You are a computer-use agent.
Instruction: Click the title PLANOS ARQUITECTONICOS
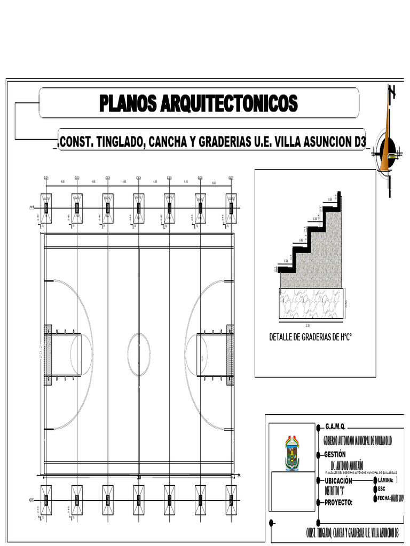(x=198, y=103)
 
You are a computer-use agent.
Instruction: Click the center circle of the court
(x=139, y=352)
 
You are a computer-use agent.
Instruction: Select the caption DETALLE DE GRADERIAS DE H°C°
(x=312, y=337)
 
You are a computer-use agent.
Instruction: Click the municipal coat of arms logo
(x=292, y=454)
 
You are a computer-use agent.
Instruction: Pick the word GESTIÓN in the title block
(x=338, y=455)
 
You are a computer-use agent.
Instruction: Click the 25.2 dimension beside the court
(x=41, y=352)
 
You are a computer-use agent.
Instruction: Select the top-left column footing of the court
(x=46, y=207)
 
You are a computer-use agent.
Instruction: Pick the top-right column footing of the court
(x=231, y=207)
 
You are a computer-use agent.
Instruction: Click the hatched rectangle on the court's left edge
(x=48, y=355)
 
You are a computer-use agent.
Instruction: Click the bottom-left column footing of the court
(x=46, y=499)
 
